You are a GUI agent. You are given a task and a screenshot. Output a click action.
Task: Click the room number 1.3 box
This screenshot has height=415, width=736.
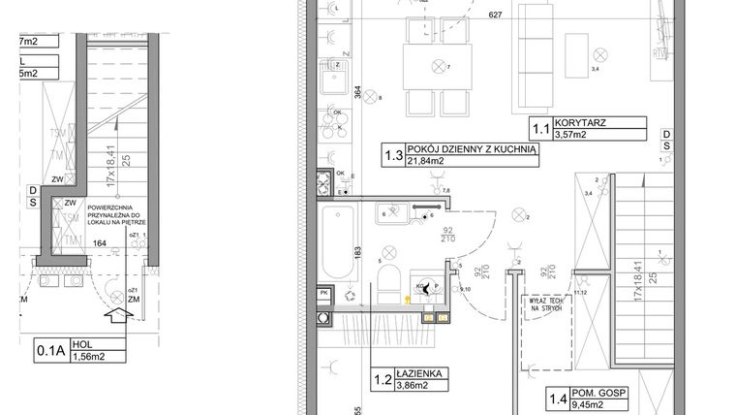[x=392, y=154]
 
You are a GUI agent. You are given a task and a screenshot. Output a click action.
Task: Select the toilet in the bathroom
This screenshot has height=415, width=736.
[x=390, y=283]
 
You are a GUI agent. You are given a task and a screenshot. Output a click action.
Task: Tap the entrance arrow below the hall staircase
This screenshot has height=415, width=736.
[x=112, y=313]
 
